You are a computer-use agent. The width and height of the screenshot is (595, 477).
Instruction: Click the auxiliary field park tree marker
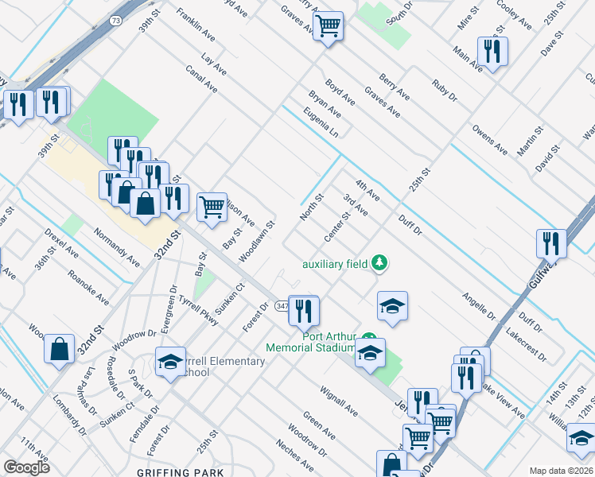pyautogui.click(x=380, y=262)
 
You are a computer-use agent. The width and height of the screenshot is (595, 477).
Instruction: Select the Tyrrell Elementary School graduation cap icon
pyautogui.click(x=170, y=363)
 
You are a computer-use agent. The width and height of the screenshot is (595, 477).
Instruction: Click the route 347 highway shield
pyautogui.click(x=282, y=305)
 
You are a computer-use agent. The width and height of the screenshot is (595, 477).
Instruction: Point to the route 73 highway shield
pyautogui.click(x=116, y=21)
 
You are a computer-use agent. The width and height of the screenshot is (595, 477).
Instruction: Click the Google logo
pyautogui.click(x=26, y=467)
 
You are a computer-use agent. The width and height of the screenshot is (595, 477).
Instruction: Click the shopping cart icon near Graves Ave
pyautogui.click(x=327, y=26)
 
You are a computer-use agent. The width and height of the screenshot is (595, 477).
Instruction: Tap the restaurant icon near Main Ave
pyautogui.click(x=492, y=52)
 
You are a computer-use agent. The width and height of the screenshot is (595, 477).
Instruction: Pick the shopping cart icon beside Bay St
pyautogui.click(x=211, y=207)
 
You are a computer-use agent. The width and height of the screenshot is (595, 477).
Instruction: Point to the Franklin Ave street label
pyautogui.click(x=196, y=26)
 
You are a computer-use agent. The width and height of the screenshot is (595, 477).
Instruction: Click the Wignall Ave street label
pyautogui.click(x=338, y=399)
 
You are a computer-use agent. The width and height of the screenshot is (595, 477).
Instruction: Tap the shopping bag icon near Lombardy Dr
pyautogui.click(x=60, y=349)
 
